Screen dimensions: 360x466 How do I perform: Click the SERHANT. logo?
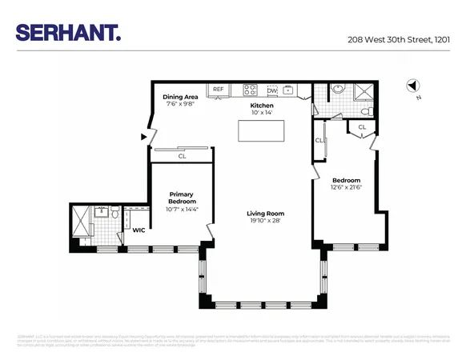pyautogui.click(x=68, y=32)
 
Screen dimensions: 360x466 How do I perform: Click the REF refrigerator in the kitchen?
pyautogui.click(x=217, y=90)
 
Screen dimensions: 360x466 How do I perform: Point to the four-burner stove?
pyautogui.click(x=250, y=90)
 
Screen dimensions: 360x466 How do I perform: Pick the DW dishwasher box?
pyautogui.click(x=271, y=90)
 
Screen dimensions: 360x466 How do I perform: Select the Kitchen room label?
pyautogui.click(x=262, y=106)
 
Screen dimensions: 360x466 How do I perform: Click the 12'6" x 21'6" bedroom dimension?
pyautogui.click(x=347, y=187)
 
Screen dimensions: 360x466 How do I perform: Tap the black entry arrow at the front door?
pyautogui.click(x=143, y=137)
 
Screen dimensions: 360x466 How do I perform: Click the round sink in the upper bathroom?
pyautogui.click(x=337, y=90)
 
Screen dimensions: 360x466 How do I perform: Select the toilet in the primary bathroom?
pyautogui.click(x=114, y=214)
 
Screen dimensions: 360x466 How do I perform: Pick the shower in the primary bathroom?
pyautogui.click(x=80, y=224)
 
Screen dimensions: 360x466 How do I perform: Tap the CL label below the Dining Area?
pyautogui.click(x=183, y=156)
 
